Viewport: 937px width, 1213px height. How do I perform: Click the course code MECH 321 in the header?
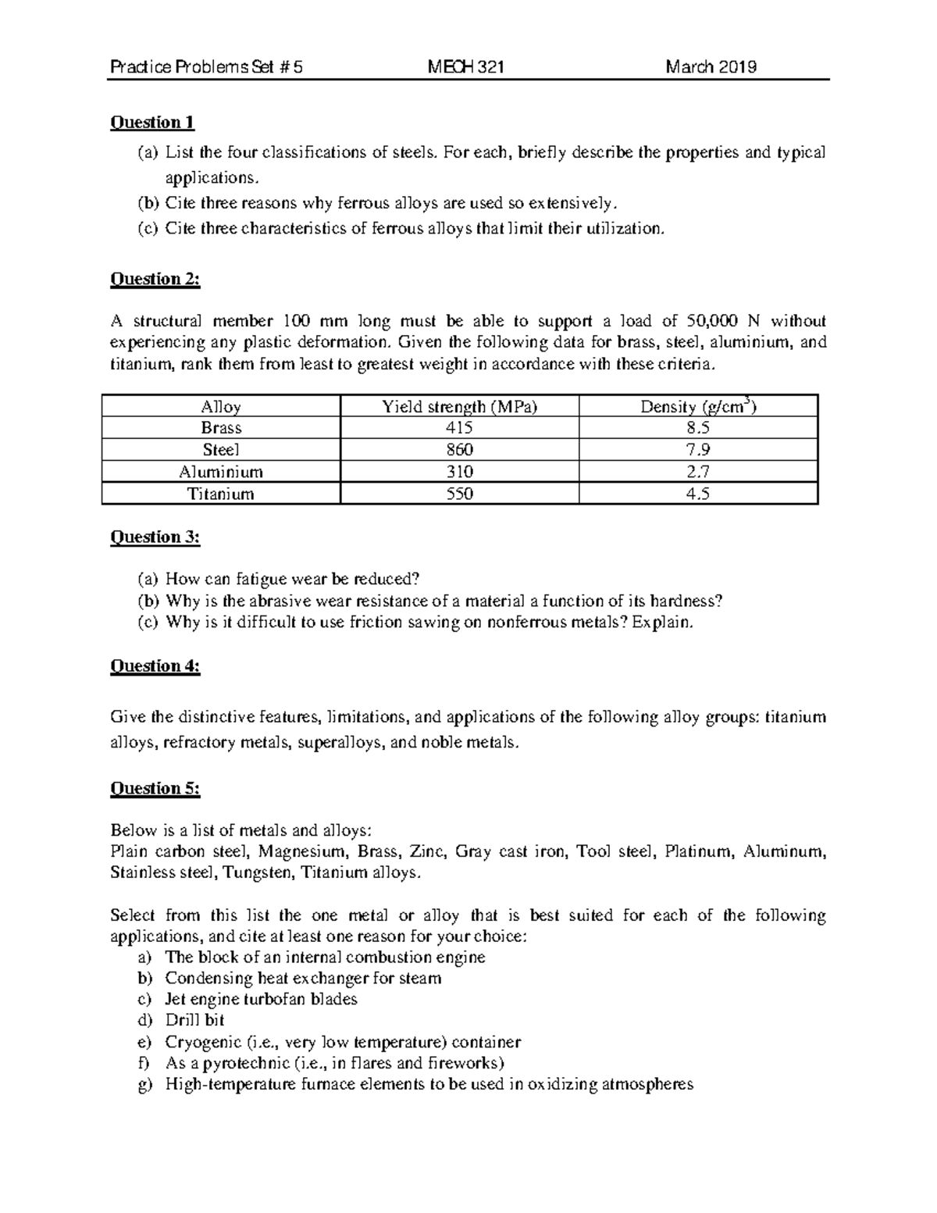point(466,67)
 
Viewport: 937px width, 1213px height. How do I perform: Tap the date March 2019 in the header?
point(711,67)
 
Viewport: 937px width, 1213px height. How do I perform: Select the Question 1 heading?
point(152,123)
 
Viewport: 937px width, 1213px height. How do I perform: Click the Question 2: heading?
point(155,280)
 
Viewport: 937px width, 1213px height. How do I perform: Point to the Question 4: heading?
point(155,666)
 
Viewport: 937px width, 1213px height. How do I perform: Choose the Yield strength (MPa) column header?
point(459,407)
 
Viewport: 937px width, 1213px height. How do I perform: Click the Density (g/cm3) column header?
point(697,406)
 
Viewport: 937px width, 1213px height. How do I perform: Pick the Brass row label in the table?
point(221,428)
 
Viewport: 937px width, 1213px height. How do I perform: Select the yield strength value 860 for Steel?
point(459,450)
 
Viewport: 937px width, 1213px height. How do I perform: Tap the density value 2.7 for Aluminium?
point(697,472)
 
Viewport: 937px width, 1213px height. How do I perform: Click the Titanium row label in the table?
point(221,494)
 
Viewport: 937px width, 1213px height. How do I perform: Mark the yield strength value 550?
point(459,494)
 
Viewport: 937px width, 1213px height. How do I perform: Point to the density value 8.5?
point(697,428)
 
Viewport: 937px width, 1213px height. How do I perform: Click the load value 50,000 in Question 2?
point(710,321)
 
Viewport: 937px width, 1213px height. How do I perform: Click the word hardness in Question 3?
point(690,601)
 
